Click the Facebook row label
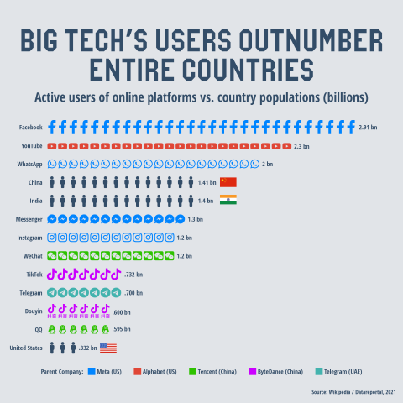31,128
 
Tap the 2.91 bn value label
369,128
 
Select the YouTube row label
32,146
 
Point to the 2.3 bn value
302,146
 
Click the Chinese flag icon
228,182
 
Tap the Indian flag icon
228,200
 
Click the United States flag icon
108,348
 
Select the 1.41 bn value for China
207,182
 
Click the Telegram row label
31,293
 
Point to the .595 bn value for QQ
122,329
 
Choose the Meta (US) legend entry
110,371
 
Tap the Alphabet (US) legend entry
154,371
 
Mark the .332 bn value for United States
88,348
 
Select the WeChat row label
32,255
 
